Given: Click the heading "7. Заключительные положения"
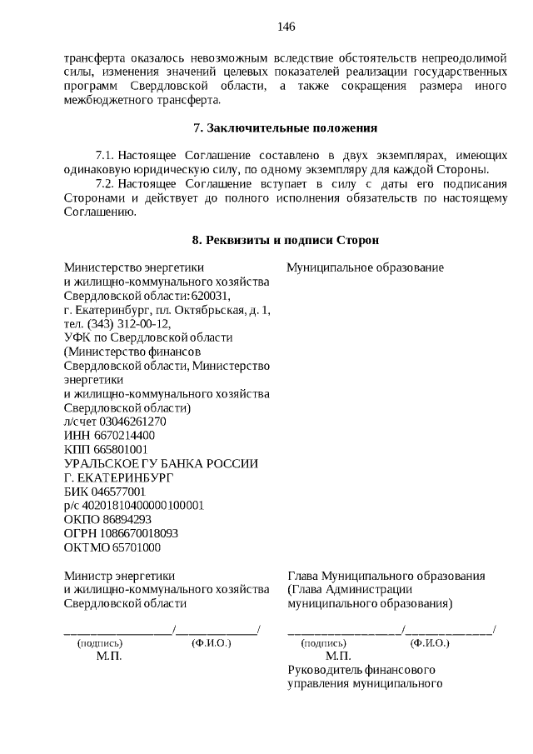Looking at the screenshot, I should tap(285, 128).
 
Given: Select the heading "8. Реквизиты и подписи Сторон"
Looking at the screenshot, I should tap(285, 240).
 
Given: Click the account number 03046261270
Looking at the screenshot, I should tap(124, 422).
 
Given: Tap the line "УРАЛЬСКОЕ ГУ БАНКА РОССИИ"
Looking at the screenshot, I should tap(162, 464).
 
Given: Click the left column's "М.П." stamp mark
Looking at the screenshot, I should tap(108, 657).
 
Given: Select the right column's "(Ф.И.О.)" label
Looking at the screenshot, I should tap(430, 643).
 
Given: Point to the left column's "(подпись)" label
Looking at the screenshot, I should tap(100, 643).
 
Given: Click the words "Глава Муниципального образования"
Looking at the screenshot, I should tap(386, 576).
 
